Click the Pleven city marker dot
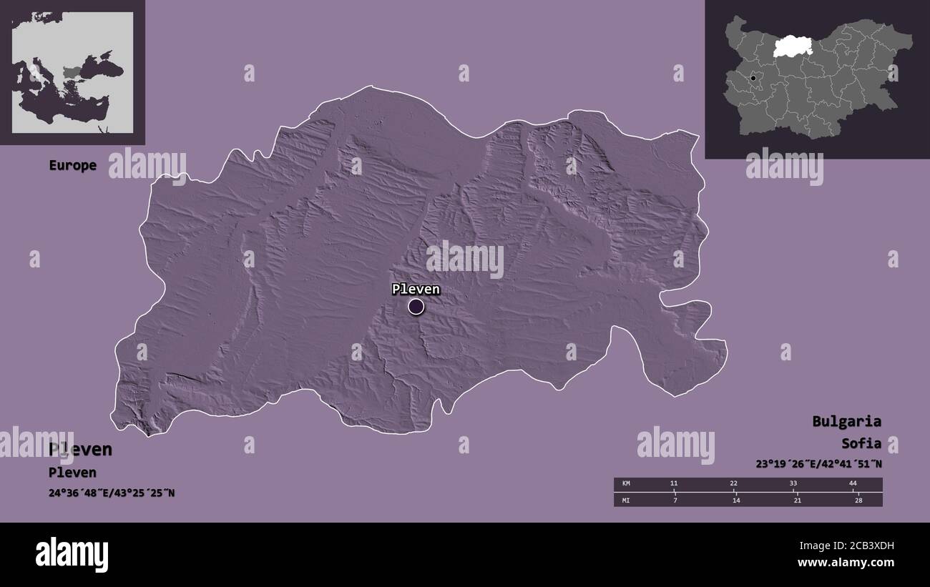pos(416,307)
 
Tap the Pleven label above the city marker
pos(416,290)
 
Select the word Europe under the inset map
pos(72,165)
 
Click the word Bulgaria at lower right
pos(846,421)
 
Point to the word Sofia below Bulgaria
pos(861,443)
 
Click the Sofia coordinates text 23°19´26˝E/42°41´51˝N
pos(818,463)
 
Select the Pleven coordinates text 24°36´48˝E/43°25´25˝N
pos(112,493)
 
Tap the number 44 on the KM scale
pos(853,484)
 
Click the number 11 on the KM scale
pos(673,484)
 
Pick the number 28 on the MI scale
pos(858,500)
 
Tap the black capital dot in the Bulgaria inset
pos(753,77)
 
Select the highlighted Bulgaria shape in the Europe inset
pos(74,71)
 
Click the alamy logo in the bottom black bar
pos(72,554)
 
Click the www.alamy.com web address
pos(846,563)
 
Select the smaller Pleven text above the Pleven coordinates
pos(72,473)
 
